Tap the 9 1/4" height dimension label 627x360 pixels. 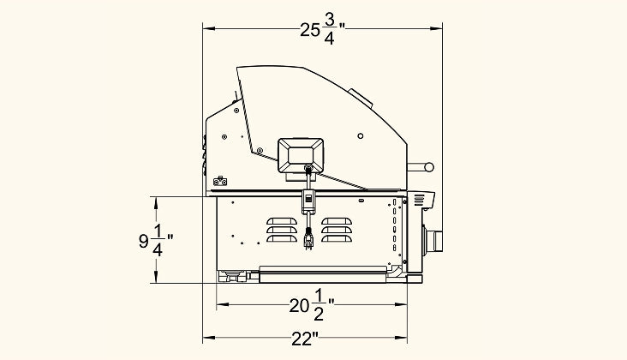point(156,240)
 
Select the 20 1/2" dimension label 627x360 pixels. point(312,306)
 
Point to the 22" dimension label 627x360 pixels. point(305,339)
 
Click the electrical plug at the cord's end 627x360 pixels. point(308,239)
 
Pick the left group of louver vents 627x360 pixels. point(282,230)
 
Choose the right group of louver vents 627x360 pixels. point(337,230)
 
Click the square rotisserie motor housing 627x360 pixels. point(301,156)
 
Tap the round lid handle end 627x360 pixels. point(429,167)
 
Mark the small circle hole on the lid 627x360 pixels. point(361,136)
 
